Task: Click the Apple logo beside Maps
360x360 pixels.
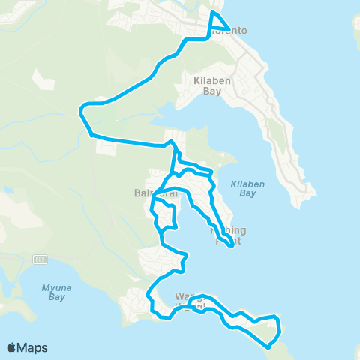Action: (x=12, y=347)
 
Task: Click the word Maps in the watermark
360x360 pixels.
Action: (x=33, y=347)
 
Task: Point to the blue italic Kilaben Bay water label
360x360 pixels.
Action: (x=243, y=188)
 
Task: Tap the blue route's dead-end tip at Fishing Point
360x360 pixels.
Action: (x=231, y=244)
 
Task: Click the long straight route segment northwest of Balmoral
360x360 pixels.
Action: (x=127, y=140)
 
